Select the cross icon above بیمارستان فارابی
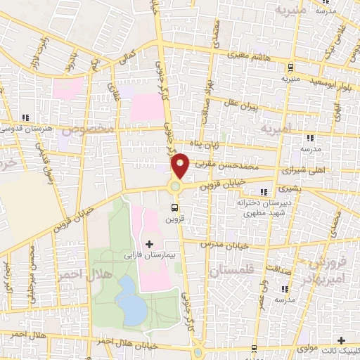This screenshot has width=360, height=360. (x=149, y=244)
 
